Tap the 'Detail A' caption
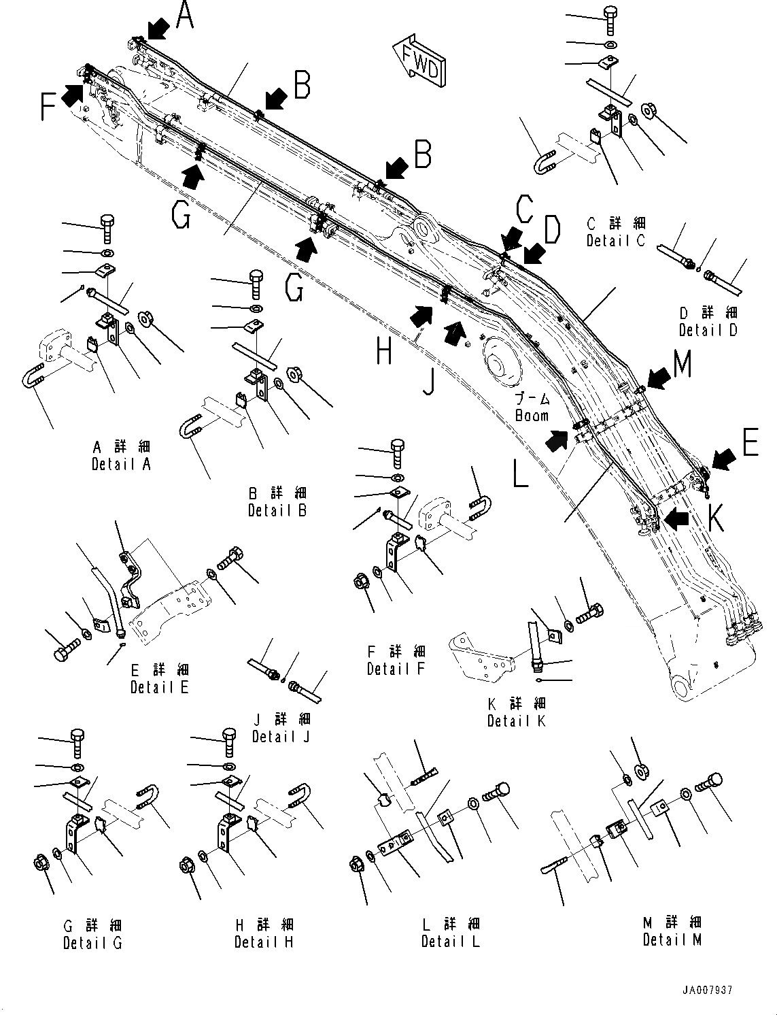click(121, 464)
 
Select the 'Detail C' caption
click(615, 240)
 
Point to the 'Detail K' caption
click(516, 720)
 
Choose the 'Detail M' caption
click(672, 939)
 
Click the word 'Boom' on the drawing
click(532, 415)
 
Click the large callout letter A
click(184, 15)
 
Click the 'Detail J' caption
click(281, 736)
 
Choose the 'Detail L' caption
click(450, 942)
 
